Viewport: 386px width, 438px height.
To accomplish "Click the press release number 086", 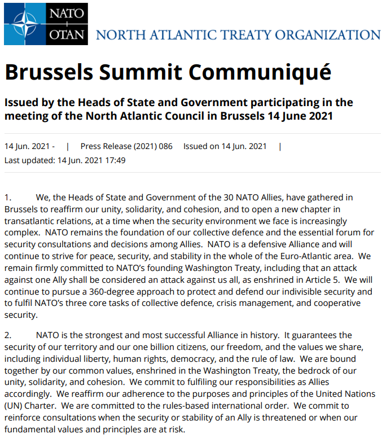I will (165, 146).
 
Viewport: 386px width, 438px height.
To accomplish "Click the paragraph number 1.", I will (7, 198).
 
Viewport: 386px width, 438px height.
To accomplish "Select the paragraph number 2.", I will (7, 335).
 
